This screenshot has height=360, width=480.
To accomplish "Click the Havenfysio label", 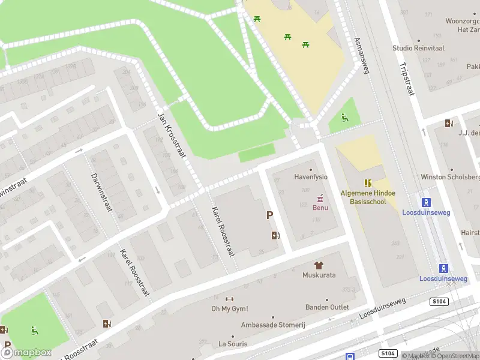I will tap(311, 177).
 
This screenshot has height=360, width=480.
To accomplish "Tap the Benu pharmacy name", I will tap(320, 208).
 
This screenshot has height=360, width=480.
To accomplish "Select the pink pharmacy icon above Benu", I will tap(320, 197).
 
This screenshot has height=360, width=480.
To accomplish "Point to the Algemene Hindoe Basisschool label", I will tap(364, 197).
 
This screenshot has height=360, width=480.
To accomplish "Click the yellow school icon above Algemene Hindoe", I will tap(368, 183).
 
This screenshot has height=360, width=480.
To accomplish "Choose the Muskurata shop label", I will tap(319, 275).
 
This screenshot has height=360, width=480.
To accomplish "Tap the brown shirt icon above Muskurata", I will tap(319, 265).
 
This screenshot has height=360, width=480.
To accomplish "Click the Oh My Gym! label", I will tap(230, 309).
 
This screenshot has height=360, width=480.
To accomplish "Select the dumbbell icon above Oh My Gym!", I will tap(229, 299).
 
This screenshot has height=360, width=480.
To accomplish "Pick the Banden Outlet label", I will tap(327, 308).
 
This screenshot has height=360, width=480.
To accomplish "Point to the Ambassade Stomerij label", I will tap(273, 325).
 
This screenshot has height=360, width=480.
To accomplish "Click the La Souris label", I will tap(233, 344).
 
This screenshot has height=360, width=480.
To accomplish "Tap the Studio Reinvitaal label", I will tap(419, 48).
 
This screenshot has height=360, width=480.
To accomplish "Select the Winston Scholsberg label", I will tap(450, 177).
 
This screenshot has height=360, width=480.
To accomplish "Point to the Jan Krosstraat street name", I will tap(172, 136).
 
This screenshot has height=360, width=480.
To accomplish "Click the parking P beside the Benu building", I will tap(270, 215).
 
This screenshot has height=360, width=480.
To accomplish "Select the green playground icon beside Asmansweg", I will tap(344, 118).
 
